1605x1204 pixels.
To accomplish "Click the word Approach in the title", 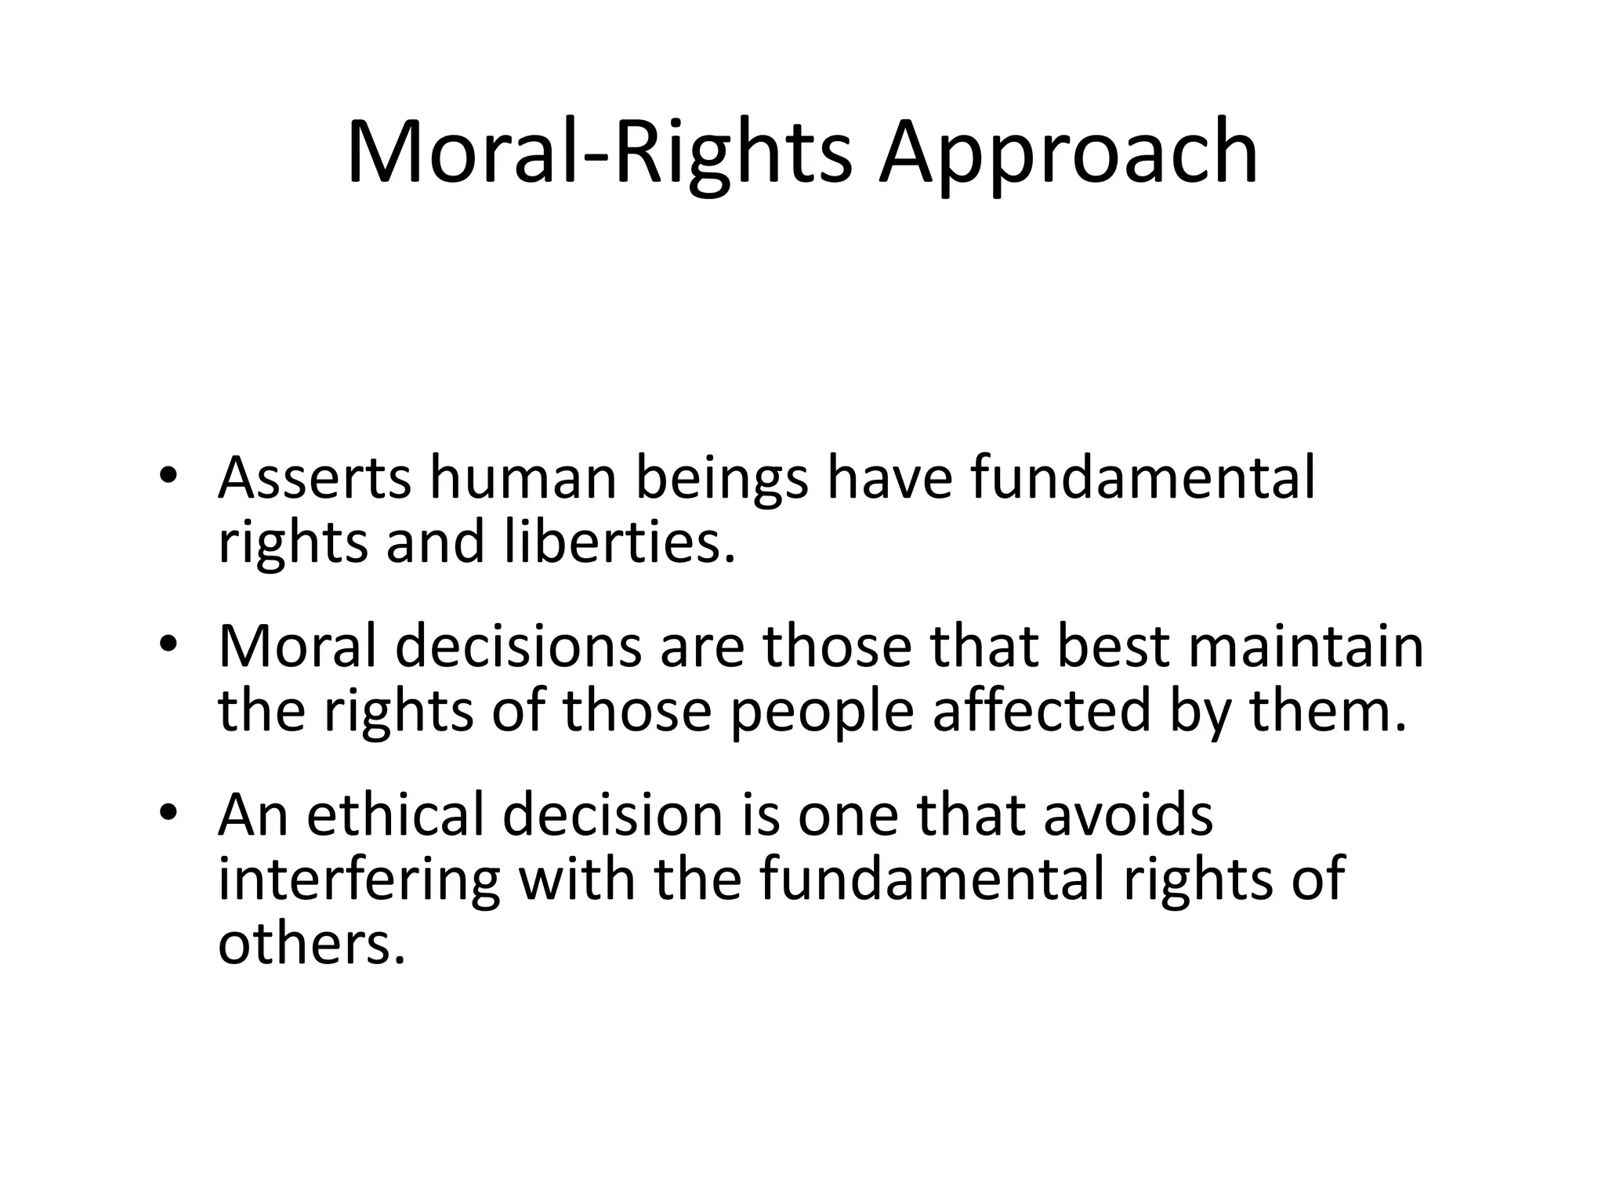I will (1067, 153).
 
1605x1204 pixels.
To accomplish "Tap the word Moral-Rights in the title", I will (599, 153).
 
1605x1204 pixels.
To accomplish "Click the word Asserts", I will (314, 478).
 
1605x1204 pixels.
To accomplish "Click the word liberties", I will (619, 542).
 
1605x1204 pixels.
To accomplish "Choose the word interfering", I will (359, 879).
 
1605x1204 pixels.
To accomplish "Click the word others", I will (311, 943).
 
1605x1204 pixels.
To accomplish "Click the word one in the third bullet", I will (848, 816).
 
